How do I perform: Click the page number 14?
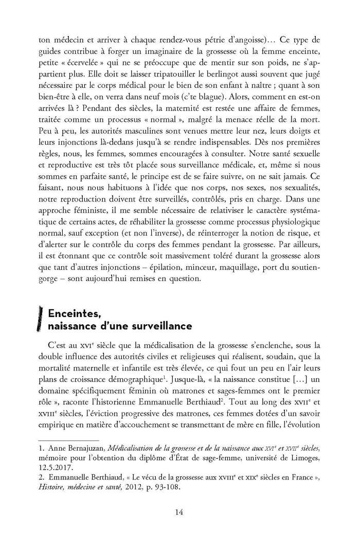pyautogui.click(x=179, y=512)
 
